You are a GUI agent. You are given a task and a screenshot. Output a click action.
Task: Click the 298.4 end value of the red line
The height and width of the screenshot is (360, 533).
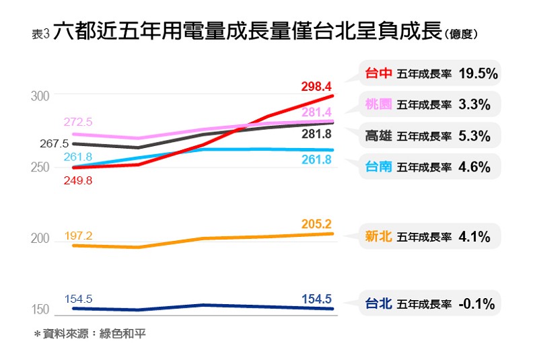click(x=317, y=87)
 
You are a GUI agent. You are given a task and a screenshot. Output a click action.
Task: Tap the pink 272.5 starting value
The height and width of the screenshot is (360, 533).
click(x=78, y=122)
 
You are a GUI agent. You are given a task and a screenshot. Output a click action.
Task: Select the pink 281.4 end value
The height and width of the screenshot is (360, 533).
click(x=317, y=112)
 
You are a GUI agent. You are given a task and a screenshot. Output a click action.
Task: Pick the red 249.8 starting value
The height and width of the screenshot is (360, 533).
click(x=78, y=180)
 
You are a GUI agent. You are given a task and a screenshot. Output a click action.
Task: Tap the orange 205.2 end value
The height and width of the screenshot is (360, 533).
click(x=317, y=224)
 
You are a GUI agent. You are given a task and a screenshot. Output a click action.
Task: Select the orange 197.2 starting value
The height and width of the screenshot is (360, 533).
click(x=78, y=236)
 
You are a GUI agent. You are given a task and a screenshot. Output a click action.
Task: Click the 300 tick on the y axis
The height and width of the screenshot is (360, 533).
click(x=40, y=96)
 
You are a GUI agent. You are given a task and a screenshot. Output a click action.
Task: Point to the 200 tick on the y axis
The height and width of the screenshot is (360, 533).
click(x=40, y=239)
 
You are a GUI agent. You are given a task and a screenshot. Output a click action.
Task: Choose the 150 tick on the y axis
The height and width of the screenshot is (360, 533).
click(x=40, y=310)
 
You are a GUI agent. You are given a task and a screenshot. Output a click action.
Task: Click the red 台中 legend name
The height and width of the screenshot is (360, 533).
click(x=378, y=74)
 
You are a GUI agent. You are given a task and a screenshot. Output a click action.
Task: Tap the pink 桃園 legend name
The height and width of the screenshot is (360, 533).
click(x=378, y=104)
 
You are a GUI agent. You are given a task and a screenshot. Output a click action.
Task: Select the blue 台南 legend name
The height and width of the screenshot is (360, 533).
click(x=378, y=167)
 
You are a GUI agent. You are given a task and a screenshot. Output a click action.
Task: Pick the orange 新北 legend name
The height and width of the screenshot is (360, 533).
click(x=378, y=237)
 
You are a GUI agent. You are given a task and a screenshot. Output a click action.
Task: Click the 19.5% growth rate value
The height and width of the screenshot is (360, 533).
click(x=478, y=74)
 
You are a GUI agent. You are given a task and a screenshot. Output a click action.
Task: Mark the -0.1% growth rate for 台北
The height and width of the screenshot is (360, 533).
click(x=476, y=303)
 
